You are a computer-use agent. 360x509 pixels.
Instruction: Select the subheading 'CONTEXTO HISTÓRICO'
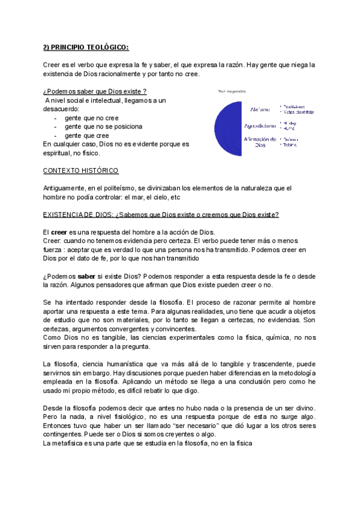coord(81,170)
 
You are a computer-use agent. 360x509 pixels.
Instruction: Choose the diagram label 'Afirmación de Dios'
coord(260,142)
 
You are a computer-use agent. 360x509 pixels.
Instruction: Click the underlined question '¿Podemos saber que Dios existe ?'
coord(95,91)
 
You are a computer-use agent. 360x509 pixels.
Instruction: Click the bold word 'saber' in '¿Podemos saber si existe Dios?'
coord(89,276)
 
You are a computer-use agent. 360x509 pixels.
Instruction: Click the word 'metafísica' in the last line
coord(71,443)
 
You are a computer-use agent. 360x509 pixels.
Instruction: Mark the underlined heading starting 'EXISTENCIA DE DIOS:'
coord(161,215)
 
